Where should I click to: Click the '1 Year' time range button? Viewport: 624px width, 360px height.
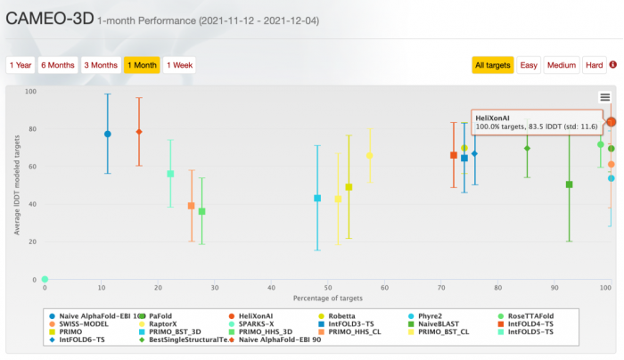[x=21, y=65]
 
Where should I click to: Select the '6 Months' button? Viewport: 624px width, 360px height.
[x=58, y=65]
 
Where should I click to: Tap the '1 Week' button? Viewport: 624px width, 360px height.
[x=179, y=65]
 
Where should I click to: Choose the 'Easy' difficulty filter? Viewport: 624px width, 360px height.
[x=529, y=65]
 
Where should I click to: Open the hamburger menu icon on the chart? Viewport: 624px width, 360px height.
[x=605, y=97]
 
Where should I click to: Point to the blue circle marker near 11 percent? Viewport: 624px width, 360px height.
[x=108, y=134]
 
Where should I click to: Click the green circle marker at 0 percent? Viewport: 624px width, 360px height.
[x=45, y=280]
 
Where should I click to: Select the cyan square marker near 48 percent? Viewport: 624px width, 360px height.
[x=317, y=198]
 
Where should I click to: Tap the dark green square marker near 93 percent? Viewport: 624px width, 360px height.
[x=570, y=184]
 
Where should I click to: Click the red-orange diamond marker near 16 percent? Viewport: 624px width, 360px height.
[x=139, y=132]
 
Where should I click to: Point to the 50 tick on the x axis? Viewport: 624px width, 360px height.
[x=327, y=288]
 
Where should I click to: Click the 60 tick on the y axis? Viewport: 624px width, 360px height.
[x=31, y=167]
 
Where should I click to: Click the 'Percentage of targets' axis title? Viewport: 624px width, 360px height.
[x=327, y=297]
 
